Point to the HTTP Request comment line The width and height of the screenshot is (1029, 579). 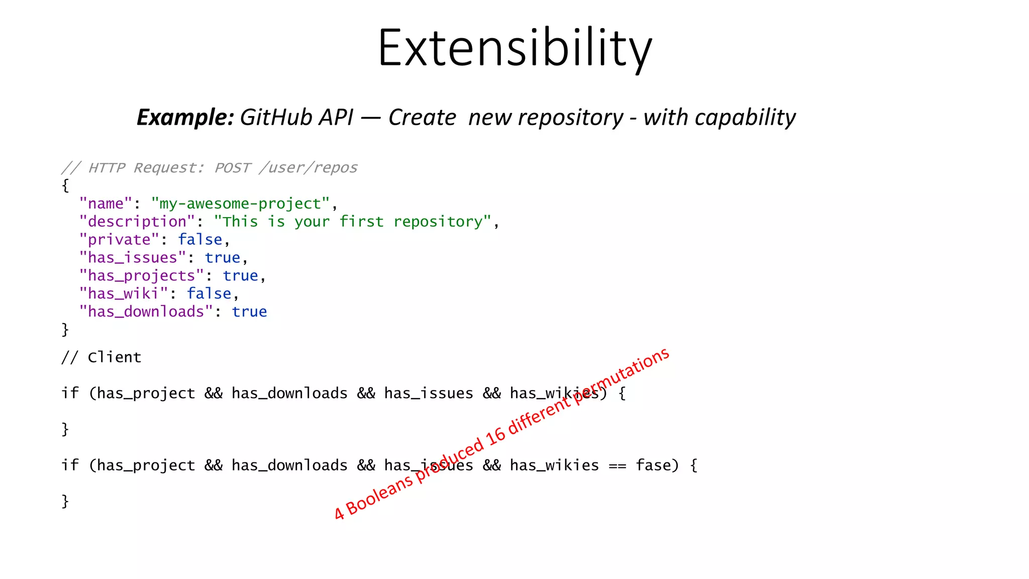coord(209,167)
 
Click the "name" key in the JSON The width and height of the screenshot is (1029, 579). coord(106,204)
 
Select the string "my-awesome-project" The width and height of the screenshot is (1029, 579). coord(241,204)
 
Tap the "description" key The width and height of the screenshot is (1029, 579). coord(137,222)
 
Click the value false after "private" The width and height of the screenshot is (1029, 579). coord(200,240)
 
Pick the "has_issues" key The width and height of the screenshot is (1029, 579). coord(132,258)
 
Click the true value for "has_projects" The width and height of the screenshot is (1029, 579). coord(240,276)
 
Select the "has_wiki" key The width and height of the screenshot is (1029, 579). coord(123,294)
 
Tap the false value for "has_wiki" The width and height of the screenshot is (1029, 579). coord(209,294)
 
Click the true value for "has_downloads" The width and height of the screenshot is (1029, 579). coord(249,312)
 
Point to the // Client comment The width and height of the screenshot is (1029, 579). coord(101,357)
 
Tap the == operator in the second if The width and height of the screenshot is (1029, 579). coord(618,466)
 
